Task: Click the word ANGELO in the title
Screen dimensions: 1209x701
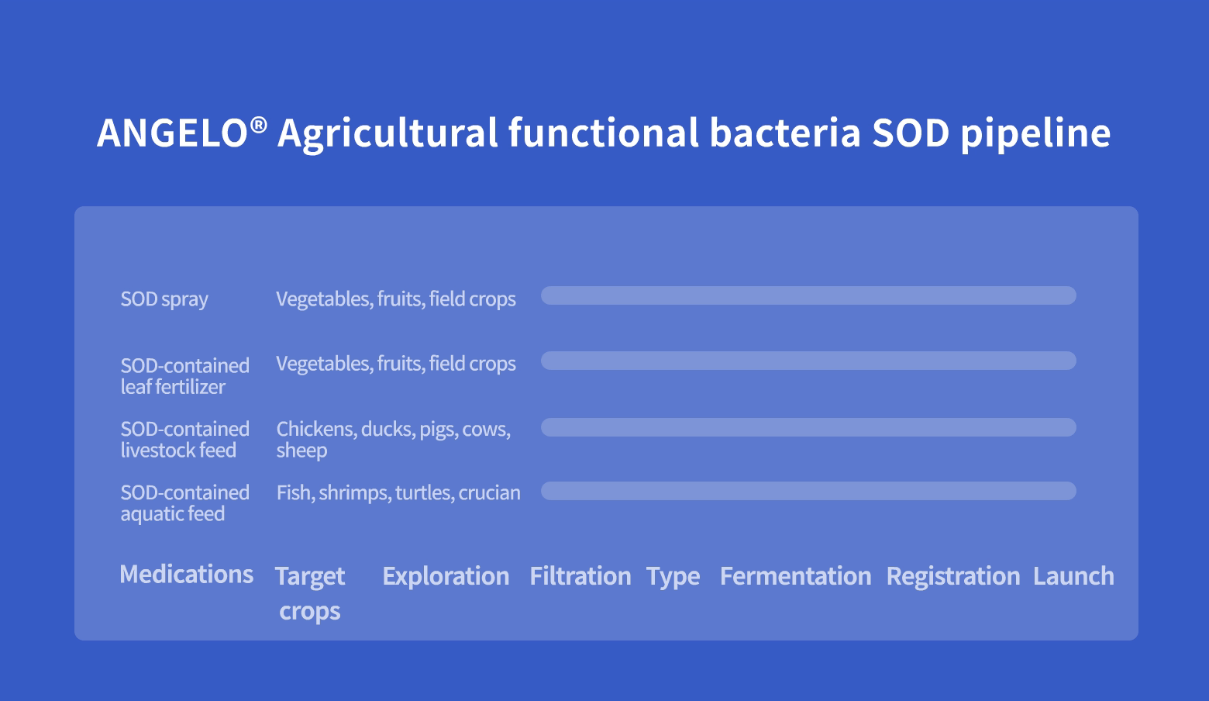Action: point(172,133)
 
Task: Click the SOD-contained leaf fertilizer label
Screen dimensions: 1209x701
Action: point(184,376)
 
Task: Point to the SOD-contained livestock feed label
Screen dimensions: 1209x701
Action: point(184,439)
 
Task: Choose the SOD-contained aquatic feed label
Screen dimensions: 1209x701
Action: point(184,502)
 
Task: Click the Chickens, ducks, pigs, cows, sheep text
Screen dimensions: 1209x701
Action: point(394,439)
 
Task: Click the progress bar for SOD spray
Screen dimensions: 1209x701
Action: point(808,295)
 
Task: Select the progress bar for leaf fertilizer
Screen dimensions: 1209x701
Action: point(808,361)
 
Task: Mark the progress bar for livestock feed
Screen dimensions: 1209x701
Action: point(808,427)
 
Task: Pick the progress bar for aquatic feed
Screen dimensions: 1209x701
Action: point(808,491)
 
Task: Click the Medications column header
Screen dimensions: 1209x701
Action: point(186,574)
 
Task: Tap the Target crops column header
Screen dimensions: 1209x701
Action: point(310,593)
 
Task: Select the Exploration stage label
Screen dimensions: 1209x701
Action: point(446,576)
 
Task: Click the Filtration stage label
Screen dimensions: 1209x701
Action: point(580,576)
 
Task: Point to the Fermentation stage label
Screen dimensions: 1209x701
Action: point(796,576)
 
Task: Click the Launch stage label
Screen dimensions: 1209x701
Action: point(1073,576)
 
